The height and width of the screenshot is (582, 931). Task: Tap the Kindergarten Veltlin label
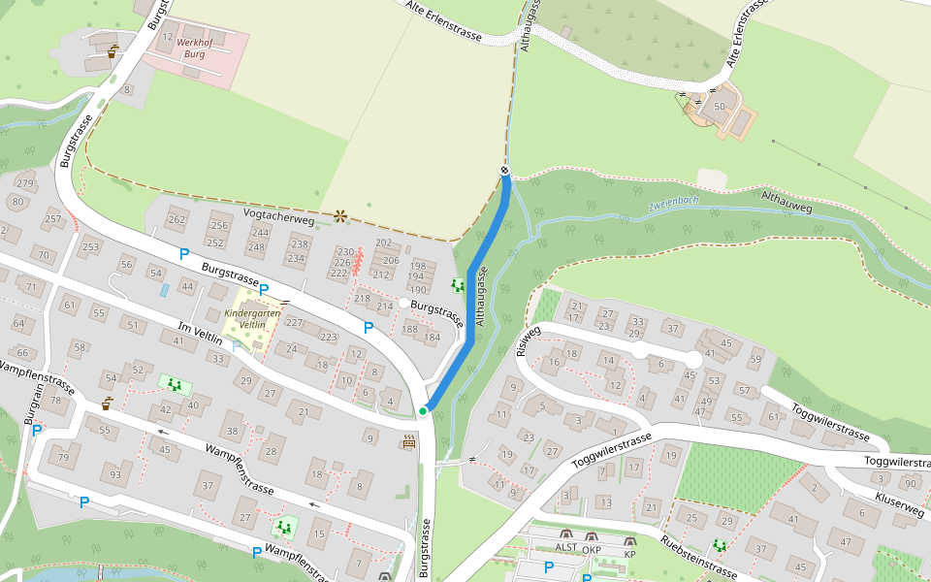(x=244, y=320)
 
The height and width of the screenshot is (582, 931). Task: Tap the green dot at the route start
(x=423, y=411)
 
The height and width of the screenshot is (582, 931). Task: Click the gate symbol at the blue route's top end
(x=505, y=171)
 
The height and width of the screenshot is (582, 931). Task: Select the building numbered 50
(x=719, y=106)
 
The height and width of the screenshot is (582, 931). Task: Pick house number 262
(x=176, y=219)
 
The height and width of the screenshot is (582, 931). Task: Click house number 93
(x=115, y=474)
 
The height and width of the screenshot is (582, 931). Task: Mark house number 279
(x=25, y=183)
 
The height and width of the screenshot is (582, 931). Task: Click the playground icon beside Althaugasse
(x=457, y=285)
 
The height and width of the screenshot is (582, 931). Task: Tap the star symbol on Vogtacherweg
(x=339, y=215)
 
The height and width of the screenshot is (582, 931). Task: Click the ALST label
(x=565, y=548)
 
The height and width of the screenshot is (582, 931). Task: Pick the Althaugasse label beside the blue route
(x=482, y=301)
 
